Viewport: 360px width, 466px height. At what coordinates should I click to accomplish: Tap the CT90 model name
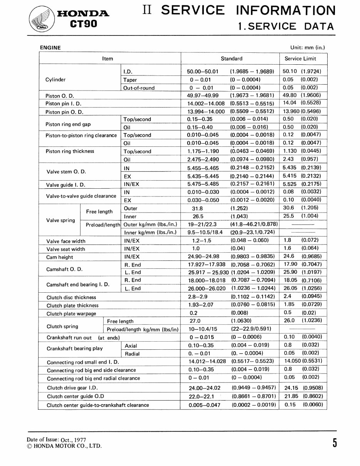(x=83, y=24)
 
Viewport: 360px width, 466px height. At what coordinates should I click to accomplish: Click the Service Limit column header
(x=300, y=59)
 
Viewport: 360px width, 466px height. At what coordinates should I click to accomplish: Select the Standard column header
(x=231, y=59)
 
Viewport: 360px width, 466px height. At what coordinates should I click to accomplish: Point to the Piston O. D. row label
(x=60, y=96)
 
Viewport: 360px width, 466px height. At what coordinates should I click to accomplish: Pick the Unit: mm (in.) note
(x=307, y=47)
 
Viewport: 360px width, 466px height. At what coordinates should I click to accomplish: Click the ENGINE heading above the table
(x=50, y=47)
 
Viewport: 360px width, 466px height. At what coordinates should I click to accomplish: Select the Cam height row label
(x=60, y=257)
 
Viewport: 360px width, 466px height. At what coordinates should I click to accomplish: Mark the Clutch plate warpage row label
(x=71, y=313)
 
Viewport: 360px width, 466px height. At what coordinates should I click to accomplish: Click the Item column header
(x=108, y=59)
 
